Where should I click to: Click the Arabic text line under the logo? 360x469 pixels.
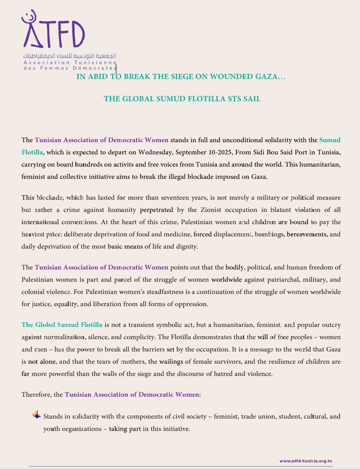click(x=70, y=54)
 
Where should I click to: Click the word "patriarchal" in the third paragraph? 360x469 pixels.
click(x=279, y=280)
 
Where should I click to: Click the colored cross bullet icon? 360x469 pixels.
click(x=36, y=415)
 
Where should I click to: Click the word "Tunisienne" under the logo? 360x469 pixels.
click(x=100, y=61)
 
